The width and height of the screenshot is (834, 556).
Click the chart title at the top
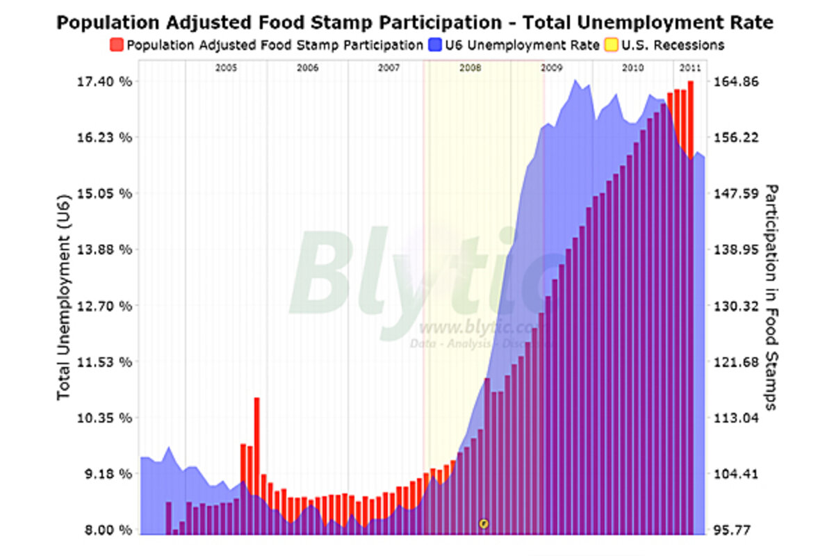(x=414, y=22)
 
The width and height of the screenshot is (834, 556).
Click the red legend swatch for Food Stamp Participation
(x=116, y=45)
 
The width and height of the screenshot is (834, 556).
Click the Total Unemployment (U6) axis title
(x=64, y=306)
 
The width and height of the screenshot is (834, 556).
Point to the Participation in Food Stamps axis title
(x=770, y=297)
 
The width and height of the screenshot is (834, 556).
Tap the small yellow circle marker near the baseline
(x=484, y=523)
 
